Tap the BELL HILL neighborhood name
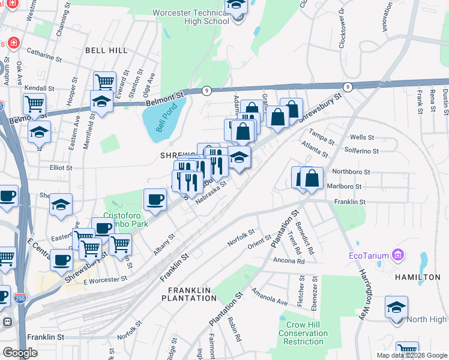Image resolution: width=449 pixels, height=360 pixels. (107, 50)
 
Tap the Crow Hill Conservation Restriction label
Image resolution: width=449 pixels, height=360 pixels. (304, 333)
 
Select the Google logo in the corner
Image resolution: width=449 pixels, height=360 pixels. (20, 352)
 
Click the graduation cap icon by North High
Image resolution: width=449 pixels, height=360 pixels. (397, 307)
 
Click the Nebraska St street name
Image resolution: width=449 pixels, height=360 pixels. (210, 192)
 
